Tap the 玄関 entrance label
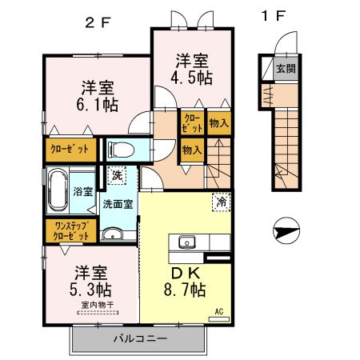click(x=286, y=69)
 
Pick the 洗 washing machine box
click(x=118, y=175)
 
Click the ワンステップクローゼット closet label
click(x=71, y=231)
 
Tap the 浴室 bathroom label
click(x=83, y=191)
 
